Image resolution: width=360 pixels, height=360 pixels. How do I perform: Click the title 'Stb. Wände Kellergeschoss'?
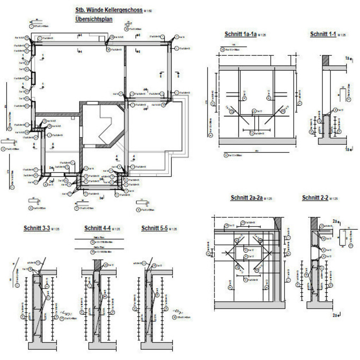pyautogui.click(x=109, y=10)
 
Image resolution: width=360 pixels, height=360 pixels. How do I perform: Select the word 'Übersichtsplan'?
pyautogui.click(x=94, y=19)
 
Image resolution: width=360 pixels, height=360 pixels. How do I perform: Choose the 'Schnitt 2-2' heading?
pyautogui.click(x=315, y=198)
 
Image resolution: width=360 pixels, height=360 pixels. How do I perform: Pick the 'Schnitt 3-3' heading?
pyautogui.click(x=37, y=228)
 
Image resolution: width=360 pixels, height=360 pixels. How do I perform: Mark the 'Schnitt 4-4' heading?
pyautogui.click(x=97, y=229)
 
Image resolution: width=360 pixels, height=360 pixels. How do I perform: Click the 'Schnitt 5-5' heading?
pyautogui.click(x=154, y=229)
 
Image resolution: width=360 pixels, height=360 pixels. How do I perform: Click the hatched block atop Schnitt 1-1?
pyautogui.click(x=326, y=60)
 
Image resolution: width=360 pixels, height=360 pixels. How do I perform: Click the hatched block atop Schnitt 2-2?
pyautogui.click(x=314, y=222)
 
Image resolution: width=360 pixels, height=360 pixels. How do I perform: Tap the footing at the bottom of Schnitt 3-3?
pyautogui.click(x=42, y=346)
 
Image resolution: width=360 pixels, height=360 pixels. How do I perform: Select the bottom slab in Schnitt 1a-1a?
pyautogui.click(x=257, y=141)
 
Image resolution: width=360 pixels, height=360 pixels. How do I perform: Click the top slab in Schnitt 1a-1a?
pyautogui.click(x=257, y=68)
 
